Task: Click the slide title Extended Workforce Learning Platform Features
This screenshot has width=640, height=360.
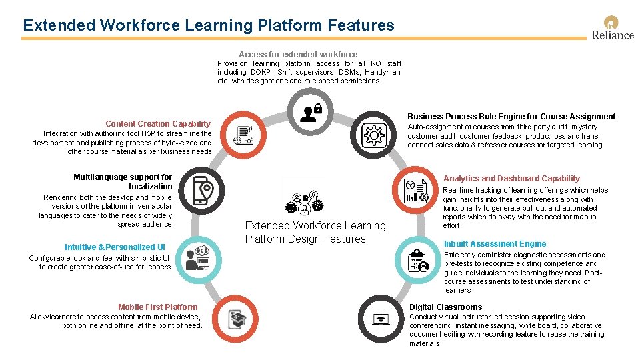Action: tap(209, 25)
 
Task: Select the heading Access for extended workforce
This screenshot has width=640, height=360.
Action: tap(298, 54)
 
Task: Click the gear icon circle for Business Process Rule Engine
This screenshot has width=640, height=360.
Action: tap(373, 135)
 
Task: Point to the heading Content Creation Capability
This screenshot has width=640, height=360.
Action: tap(157, 123)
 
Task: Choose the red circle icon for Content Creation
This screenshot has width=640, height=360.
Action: tap(243, 135)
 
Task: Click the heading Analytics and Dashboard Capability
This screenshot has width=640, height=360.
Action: tap(511, 178)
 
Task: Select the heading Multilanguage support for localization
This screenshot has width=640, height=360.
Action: tap(123, 182)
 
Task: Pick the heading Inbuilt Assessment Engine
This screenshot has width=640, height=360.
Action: tap(495, 244)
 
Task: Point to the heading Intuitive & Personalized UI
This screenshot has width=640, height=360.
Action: tap(115, 247)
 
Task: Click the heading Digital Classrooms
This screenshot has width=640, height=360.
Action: tap(445, 307)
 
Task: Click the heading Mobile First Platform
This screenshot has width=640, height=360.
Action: tap(158, 307)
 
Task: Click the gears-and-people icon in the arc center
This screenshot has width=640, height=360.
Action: tap(305, 202)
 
